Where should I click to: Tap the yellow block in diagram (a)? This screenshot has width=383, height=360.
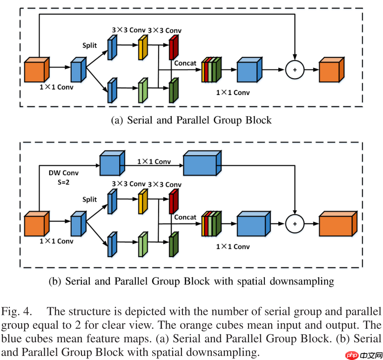tap(142, 49)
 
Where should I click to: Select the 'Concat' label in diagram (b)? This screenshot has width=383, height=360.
tap(185, 217)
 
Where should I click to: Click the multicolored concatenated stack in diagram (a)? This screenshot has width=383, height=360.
tap(211, 70)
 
